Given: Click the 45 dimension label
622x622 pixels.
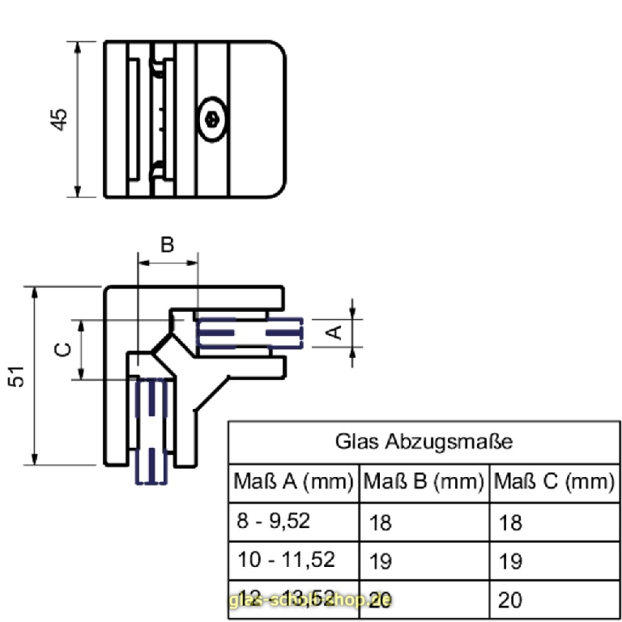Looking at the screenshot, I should [x=59, y=119].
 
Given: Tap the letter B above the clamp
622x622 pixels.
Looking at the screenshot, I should [x=167, y=245].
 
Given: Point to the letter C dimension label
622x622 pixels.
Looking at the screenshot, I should [x=62, y=349].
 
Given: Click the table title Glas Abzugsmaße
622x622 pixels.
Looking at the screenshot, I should [x=424, y=442].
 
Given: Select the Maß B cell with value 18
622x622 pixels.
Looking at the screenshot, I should [x=380, y=522].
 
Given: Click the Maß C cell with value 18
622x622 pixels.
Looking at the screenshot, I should [x=511, y=522].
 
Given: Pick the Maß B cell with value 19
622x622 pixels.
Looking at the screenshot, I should [x=380, y=560].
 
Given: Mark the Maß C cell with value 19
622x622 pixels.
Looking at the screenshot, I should [x=511, y=560].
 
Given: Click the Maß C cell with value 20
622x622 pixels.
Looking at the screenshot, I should [x=511, y=599].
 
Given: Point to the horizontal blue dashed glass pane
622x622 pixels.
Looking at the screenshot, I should [x=249, y=332].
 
